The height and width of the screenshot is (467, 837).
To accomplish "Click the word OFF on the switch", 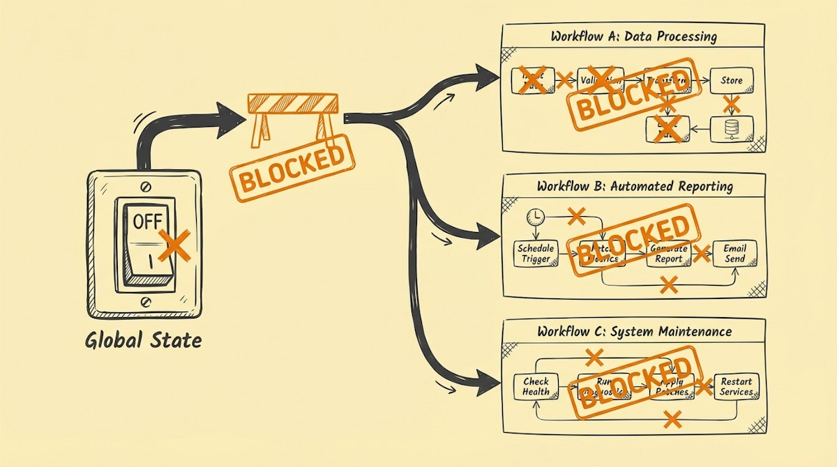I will [146, 222].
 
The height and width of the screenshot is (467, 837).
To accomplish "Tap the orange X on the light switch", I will [174, 245].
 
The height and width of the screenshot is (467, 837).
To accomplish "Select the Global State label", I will [143, 341].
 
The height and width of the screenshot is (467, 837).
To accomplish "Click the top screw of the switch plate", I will [145, 186].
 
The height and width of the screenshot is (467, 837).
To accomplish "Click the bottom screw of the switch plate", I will [145, 301].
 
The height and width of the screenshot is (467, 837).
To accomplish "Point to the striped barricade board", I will [293, 104].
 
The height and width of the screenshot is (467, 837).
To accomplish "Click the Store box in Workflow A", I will [731, 80].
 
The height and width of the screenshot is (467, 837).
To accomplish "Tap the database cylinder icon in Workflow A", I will [731, 128].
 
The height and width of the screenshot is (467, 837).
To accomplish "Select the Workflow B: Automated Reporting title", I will [635, 186].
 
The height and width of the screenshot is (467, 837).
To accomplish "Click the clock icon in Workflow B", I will [535, 217].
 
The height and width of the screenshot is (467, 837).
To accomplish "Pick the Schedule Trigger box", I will [536, 254].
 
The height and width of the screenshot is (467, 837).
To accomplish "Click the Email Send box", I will [734, 254].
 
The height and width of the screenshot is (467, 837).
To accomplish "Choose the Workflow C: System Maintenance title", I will [635, 331].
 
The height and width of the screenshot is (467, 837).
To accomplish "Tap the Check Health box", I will [536, 386].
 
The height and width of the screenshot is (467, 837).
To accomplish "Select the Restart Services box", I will [736, 386].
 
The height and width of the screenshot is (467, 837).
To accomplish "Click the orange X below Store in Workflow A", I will [731, 105].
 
